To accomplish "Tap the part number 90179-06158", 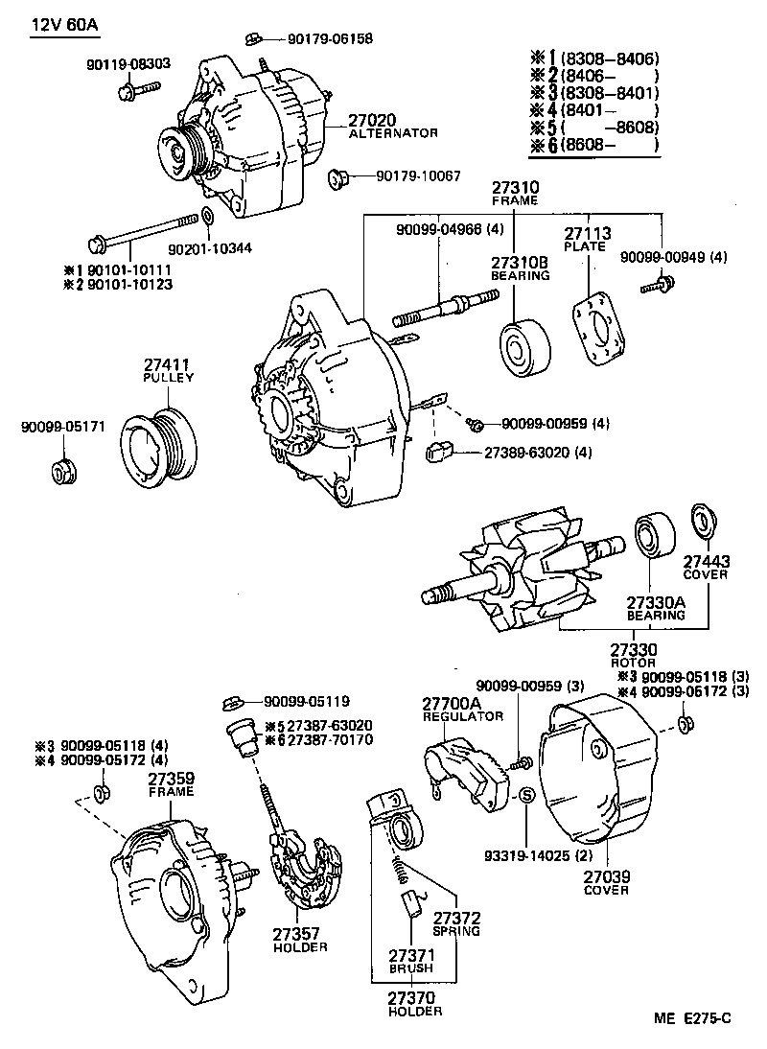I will tap(330, 39).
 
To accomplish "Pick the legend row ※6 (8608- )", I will tap(593, 146).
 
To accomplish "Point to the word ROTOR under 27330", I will tap(633, 663).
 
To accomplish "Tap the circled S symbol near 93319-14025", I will tap(525, 795).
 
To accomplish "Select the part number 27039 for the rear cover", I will tap(606, 874).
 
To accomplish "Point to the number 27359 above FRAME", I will tap(171, 779).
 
